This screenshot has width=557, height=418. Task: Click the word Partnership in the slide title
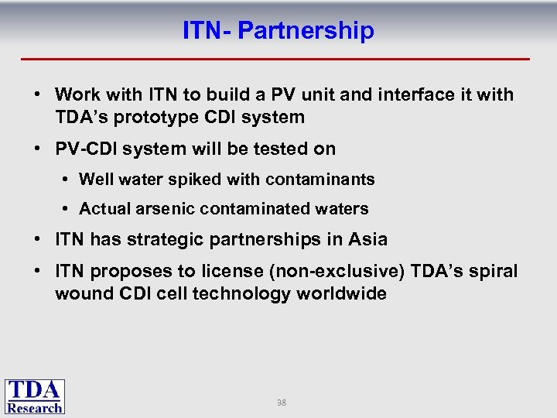(x=306, y=31)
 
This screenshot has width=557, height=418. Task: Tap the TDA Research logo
(x=35, y=396)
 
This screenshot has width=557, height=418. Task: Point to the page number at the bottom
(x=282, y=403)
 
